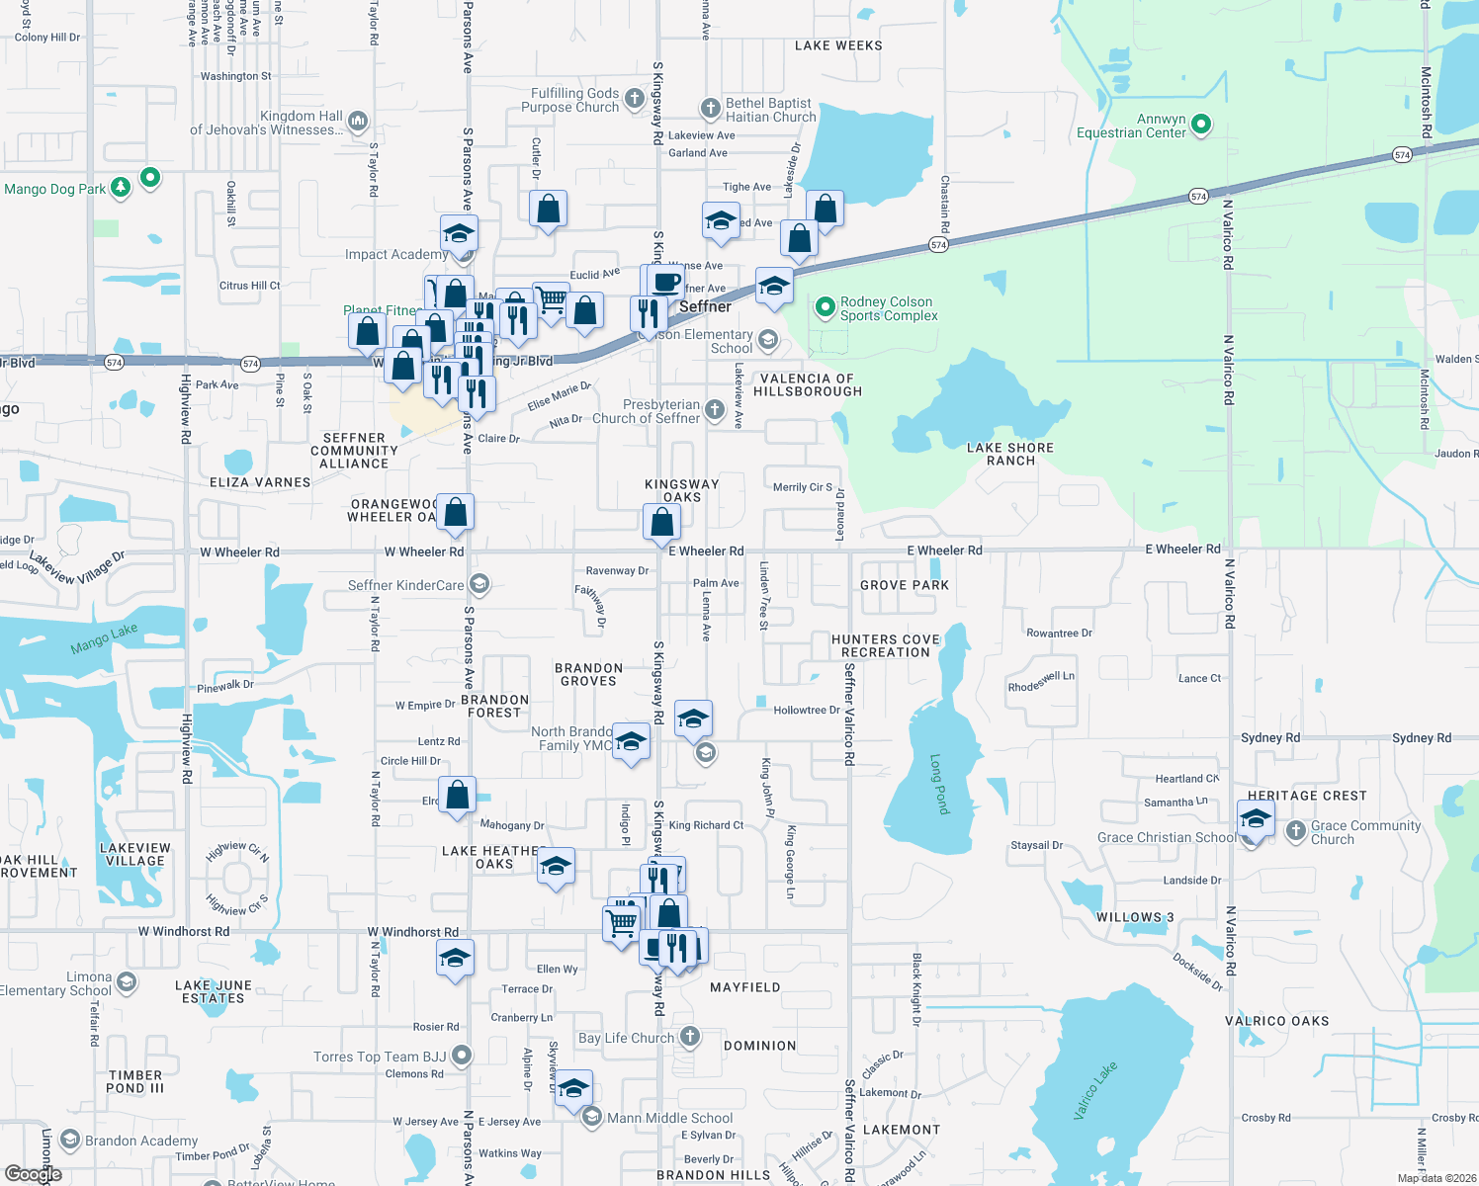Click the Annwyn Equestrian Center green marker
pyautogui.click(x=1201, y=125)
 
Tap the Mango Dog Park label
pyautogui.click(x=55, y=189)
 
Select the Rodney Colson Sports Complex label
pyautogui.click(x=888, y=309)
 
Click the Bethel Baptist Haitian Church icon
pyautogui.click(x=710, y=109)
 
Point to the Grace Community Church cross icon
pyautogui.click(x=1296, y=831)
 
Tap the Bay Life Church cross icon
pyautogui.click(x=690, y=1037)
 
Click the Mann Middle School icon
pyautogui.click(x=591, y=1117)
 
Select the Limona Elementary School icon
pyautogui.click(x=126, y=982)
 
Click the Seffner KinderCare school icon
pyautogui.click(x=479, y=584)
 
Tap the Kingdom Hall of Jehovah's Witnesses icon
pyautogui.click(x=358, y=122)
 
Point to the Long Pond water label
pyautogui.click(x=939, y=784)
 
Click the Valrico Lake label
pyautogui.click(x=1095, y=1090)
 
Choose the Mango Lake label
pyautogui.click(x=104, y=638)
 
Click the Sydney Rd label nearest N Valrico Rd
pyautogui.click(x=1270, y=738)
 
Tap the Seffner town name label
pyautogui.click(x=705, y=307)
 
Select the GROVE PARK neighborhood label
pyautogui.click(x=904, y=585)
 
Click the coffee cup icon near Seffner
pyautogui.click(x=667, y=282)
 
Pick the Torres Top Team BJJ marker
pyautogui.click(x=462, y=1056)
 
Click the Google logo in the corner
pyautogui.click(x=34, y=1174)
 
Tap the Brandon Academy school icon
pyautogui.click(x=70, y=1140)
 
